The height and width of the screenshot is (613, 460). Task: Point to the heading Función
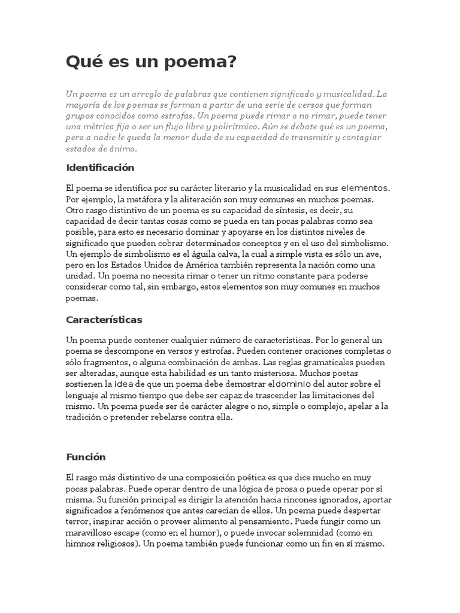(x=86, y=457)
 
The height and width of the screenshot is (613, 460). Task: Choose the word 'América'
(x=204, y=264)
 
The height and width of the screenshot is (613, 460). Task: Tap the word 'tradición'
(x=86, y=418)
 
